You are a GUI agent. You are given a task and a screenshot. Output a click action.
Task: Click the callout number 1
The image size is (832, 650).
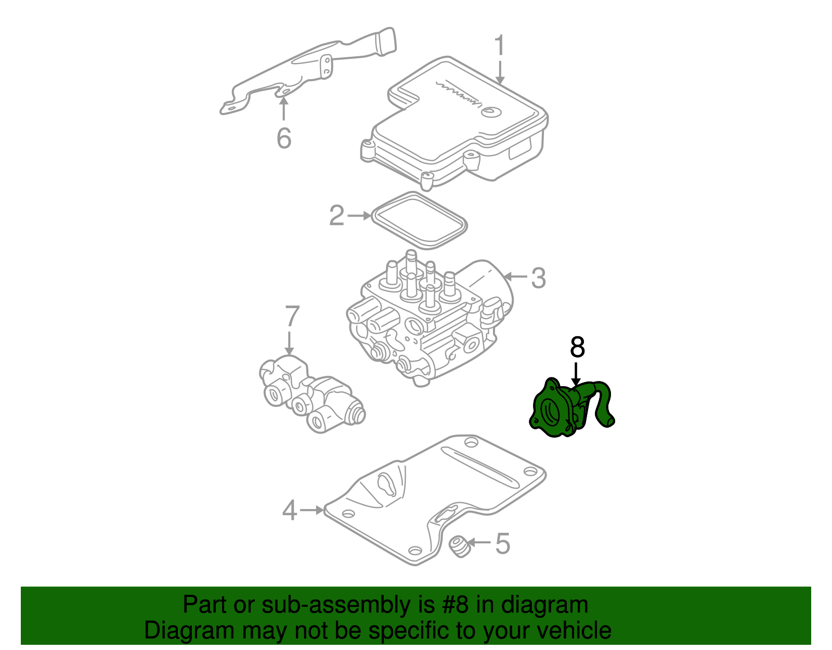499,46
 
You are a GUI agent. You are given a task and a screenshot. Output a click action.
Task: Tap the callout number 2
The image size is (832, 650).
336,215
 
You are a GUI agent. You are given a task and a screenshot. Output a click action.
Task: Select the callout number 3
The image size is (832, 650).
538,278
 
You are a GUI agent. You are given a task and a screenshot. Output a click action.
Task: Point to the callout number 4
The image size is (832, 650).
289,510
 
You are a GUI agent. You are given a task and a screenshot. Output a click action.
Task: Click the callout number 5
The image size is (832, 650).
502,544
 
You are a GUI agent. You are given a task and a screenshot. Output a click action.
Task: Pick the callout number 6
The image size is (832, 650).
283,138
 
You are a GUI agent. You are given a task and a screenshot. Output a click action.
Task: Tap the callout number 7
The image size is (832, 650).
292,317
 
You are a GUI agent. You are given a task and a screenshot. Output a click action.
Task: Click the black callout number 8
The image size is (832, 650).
577,347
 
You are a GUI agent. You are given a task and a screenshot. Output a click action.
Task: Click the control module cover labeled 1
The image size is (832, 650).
458,125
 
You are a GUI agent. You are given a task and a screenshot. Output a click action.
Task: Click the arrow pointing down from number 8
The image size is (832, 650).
576,374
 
